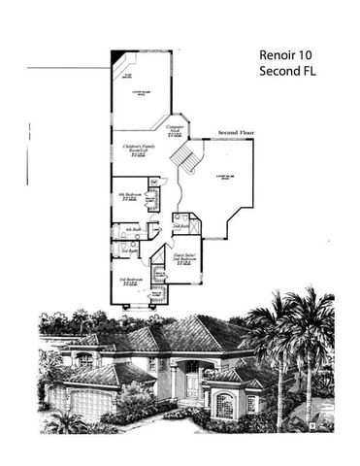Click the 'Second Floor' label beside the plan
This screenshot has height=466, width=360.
(238, 132)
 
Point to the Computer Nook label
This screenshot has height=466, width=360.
(176, 131)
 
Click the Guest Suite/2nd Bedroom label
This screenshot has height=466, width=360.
(183, 259)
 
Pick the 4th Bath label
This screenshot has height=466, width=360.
(133, 231)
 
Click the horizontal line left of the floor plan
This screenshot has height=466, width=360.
(68, 68)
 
